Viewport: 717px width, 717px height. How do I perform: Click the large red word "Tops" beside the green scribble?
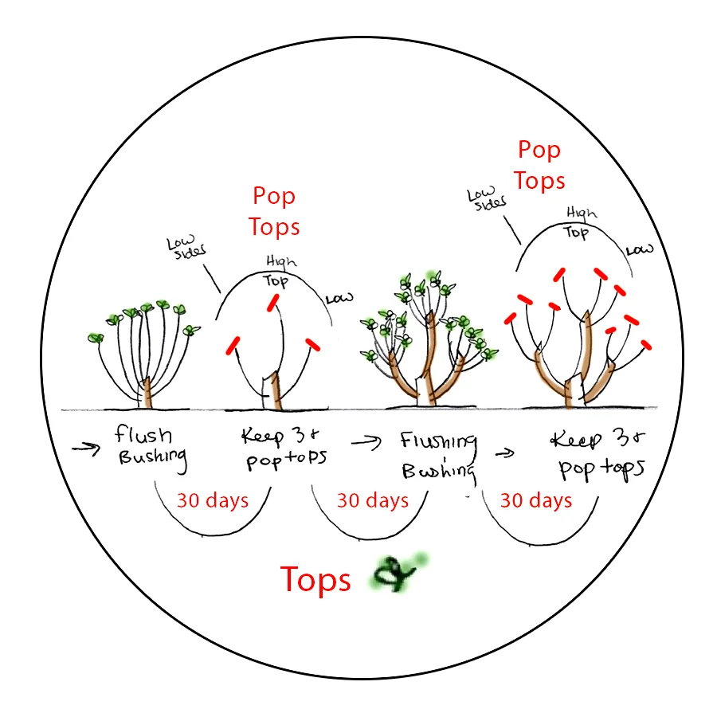pos(315,581)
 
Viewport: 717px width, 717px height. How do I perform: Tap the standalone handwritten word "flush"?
pos(143,435)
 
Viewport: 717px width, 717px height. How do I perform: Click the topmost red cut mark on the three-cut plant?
pos(272,302)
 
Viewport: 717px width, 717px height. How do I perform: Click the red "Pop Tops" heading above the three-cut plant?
pos(274,211)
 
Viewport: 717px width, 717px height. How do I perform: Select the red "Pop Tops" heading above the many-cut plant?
pos(539,165)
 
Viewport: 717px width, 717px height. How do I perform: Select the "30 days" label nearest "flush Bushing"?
pos(212,500)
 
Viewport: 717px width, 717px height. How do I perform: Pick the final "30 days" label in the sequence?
pos(535,500)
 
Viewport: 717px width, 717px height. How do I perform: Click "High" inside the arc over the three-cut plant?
pos(277,262)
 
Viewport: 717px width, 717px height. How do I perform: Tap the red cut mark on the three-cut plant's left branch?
pos(233,346)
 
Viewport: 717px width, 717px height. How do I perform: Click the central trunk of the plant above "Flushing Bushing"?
pos(430,358)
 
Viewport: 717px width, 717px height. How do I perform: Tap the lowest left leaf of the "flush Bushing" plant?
pos(96,338)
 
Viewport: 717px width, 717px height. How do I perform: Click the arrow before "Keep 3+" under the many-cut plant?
pos(503,453)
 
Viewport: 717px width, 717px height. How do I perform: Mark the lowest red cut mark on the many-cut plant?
pos(645,346)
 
